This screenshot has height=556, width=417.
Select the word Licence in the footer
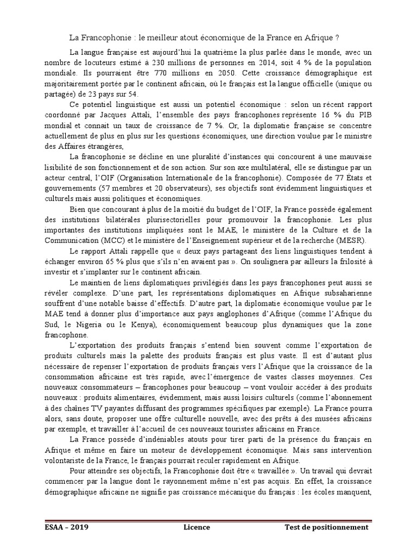(196, 527)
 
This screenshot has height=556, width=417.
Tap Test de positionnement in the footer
(326, 527)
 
